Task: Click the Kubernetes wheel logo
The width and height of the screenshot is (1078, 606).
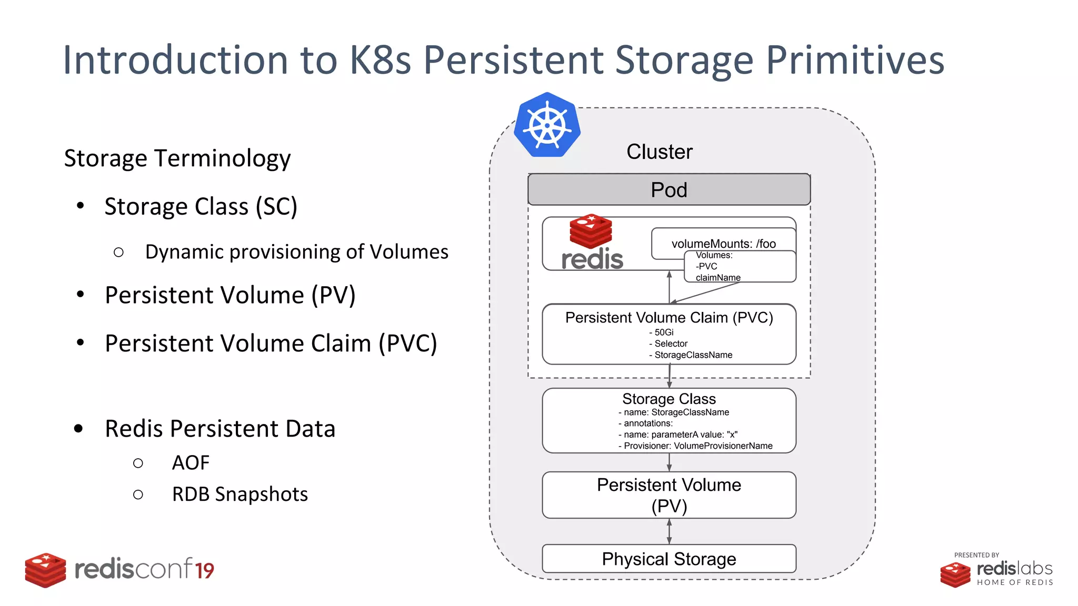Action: click(547, 126)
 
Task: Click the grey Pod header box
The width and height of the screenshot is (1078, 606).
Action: click(668, 190)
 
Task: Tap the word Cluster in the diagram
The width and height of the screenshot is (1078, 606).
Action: click(659, 152)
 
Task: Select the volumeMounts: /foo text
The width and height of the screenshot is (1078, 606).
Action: click(723, 244)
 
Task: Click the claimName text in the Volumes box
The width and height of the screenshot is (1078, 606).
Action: click(718, 277)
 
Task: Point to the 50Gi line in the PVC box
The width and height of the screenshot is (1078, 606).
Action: click(663, 332)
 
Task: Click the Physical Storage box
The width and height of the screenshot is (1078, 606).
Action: click(668, 559)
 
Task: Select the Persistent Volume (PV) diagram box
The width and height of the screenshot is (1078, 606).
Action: click(668, 495)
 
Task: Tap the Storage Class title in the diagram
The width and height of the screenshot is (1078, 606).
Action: click(668, 399)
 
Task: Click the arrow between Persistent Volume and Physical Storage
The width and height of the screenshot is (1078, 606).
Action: click(669, 531)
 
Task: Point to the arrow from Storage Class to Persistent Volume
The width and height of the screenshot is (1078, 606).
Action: click(669, 462)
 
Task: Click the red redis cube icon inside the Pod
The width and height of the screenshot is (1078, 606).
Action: click(591, 231)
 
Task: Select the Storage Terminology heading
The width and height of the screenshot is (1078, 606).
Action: click(177, 158)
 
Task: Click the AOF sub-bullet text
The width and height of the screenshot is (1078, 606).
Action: click(191, 463)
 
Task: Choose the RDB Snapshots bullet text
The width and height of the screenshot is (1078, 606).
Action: click(239, 494)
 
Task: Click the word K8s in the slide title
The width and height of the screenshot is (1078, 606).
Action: click(380, 60)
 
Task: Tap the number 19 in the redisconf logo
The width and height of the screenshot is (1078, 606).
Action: click(204, 571)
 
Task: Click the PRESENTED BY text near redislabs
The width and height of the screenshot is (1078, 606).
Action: click(976, 555)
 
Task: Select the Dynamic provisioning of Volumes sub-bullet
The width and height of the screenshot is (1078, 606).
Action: click(296, 252)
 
